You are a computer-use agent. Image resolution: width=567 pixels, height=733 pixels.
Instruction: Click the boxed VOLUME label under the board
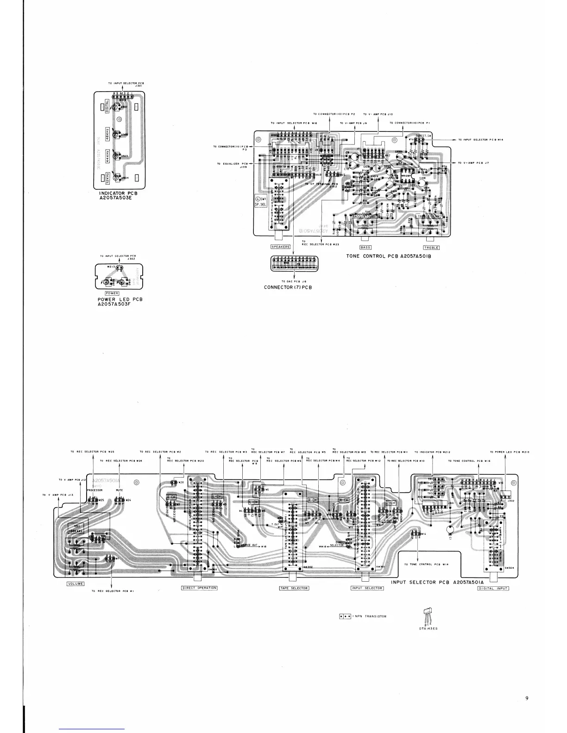(76, 584)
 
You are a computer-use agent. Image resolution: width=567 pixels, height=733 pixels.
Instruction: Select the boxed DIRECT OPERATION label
(199, 588)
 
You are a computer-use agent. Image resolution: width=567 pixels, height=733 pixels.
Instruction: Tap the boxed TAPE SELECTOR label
(294, 588)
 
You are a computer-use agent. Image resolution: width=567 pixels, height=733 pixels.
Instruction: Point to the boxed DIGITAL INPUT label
(493, 588)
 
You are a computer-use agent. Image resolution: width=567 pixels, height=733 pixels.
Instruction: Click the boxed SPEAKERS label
(280, 247)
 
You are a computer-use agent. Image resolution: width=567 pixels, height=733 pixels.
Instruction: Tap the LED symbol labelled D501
(118, 108)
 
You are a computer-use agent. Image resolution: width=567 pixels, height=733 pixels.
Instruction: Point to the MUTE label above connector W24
(120, 490)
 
